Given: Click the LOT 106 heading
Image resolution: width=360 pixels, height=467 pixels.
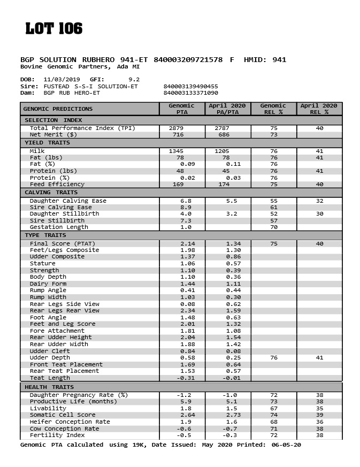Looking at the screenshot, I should (x=54, y=29).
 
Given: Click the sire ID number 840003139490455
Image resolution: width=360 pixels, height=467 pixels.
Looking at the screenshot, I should (x=190, y=86).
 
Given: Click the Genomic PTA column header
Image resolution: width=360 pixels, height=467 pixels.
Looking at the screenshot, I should (x=181, y=109).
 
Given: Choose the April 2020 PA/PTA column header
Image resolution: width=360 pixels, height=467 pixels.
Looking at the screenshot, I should (x=227, y=109).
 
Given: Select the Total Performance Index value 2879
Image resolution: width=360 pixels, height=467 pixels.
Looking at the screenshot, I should (x=176, y=128).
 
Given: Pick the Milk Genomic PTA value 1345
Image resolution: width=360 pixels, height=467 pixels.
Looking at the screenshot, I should (x=176, y=151).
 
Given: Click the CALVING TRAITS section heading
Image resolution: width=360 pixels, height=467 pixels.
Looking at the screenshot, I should (x=51, y=193).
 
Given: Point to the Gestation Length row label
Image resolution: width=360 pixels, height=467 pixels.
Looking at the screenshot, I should (x=59, y=227).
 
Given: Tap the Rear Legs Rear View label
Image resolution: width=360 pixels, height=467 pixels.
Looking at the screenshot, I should (x=65, y=311).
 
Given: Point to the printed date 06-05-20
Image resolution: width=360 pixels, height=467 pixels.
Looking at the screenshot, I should (x=286, y=445).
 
